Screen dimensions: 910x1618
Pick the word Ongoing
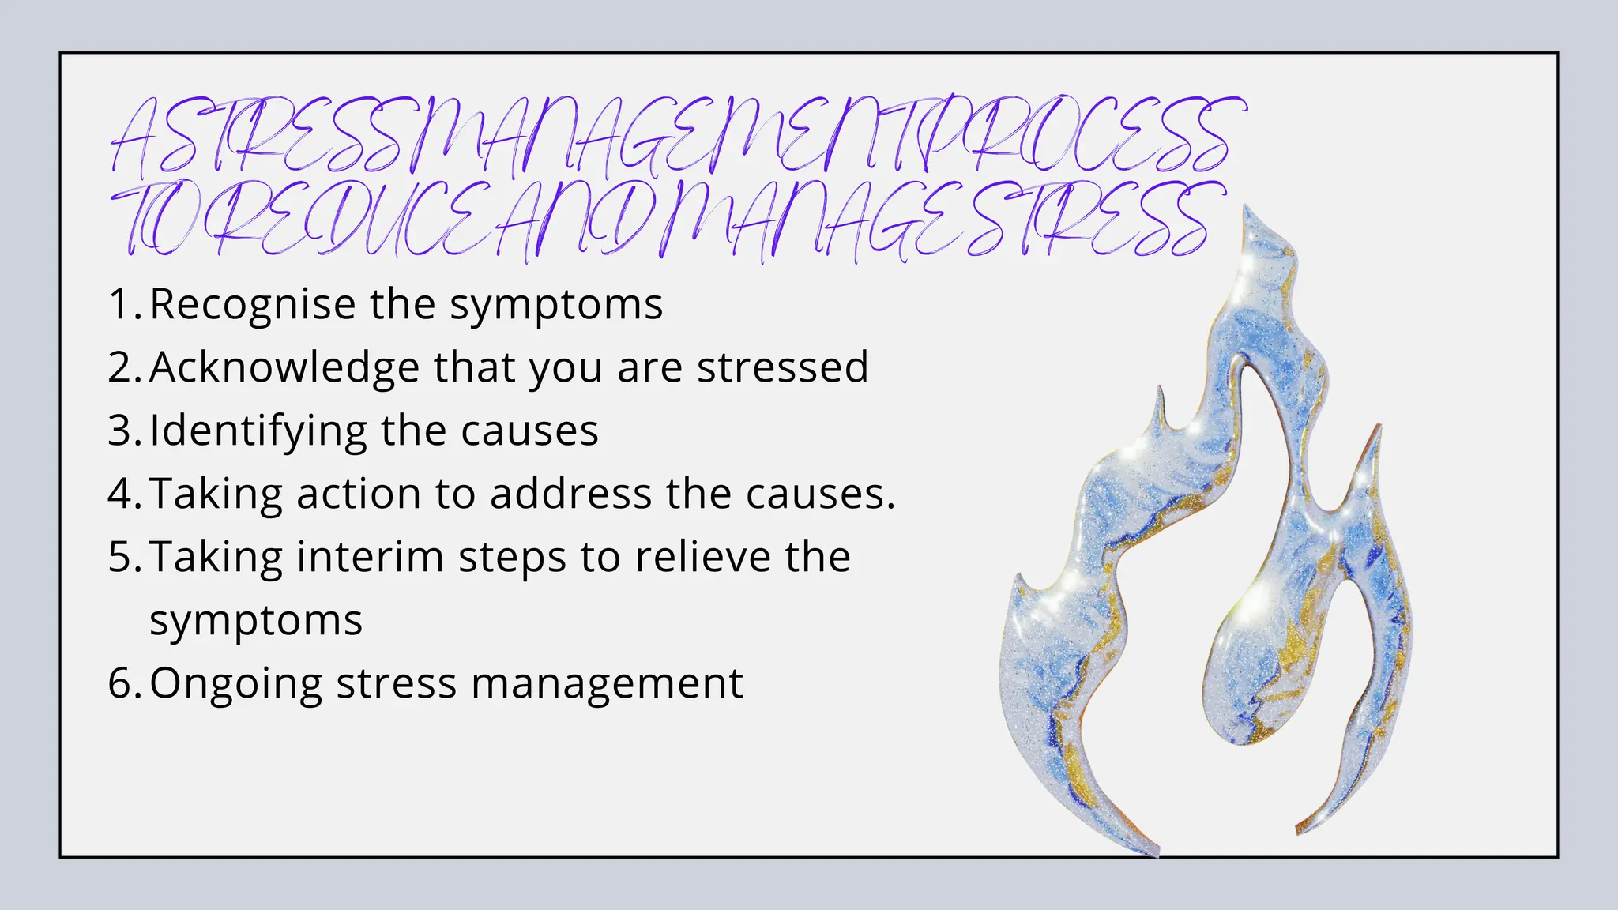click(236, 685)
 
